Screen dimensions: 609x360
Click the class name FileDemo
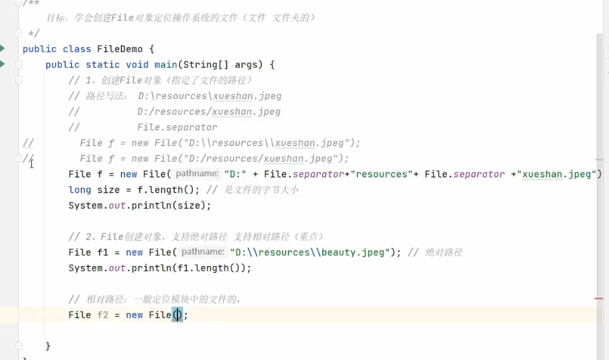(x=120, y=49)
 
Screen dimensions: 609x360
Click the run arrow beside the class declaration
(x=3, y=48)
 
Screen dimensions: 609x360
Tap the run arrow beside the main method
(x=3, y=64)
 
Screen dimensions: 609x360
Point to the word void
(x=137, y=65)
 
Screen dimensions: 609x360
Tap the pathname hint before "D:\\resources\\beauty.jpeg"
(x=202, y=252)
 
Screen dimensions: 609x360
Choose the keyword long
(x=80, y=190)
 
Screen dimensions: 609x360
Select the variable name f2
(x=103, y=315)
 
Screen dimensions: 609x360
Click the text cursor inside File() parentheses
(x=177, y=315)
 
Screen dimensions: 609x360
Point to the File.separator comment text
(x=177, y=127)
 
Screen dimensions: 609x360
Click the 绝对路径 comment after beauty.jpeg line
(x=443, y=252)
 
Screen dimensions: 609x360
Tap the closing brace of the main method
(x=48, y=346)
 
